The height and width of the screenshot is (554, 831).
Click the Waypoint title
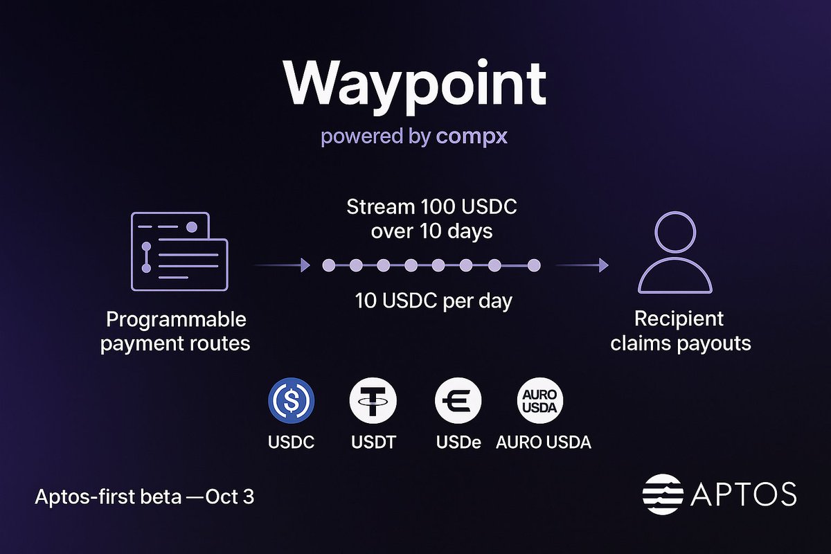[x=414, y=83]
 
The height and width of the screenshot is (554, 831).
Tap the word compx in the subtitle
[x=472, y=136]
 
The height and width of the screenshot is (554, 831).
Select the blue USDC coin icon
[x=291, y=401]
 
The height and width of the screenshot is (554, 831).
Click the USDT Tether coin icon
[x=373, y=401]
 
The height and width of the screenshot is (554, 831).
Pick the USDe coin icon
[x=458, y=401]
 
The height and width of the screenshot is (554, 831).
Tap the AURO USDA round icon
[x=541, y=401]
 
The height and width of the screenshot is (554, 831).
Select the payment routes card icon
[x=179, y=251]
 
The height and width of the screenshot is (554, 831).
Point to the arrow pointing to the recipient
[x=582, y=265]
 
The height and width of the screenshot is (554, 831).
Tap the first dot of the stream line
[x=329, y=265]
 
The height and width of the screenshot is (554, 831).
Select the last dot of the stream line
[x=533, y=265]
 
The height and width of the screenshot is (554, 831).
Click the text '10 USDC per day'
[x=434, y=301]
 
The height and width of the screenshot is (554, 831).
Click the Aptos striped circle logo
[x=662, y=493]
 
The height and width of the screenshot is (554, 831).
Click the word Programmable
[x=176, y=320]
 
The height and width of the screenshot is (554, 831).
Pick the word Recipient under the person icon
[x=679, y=319]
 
